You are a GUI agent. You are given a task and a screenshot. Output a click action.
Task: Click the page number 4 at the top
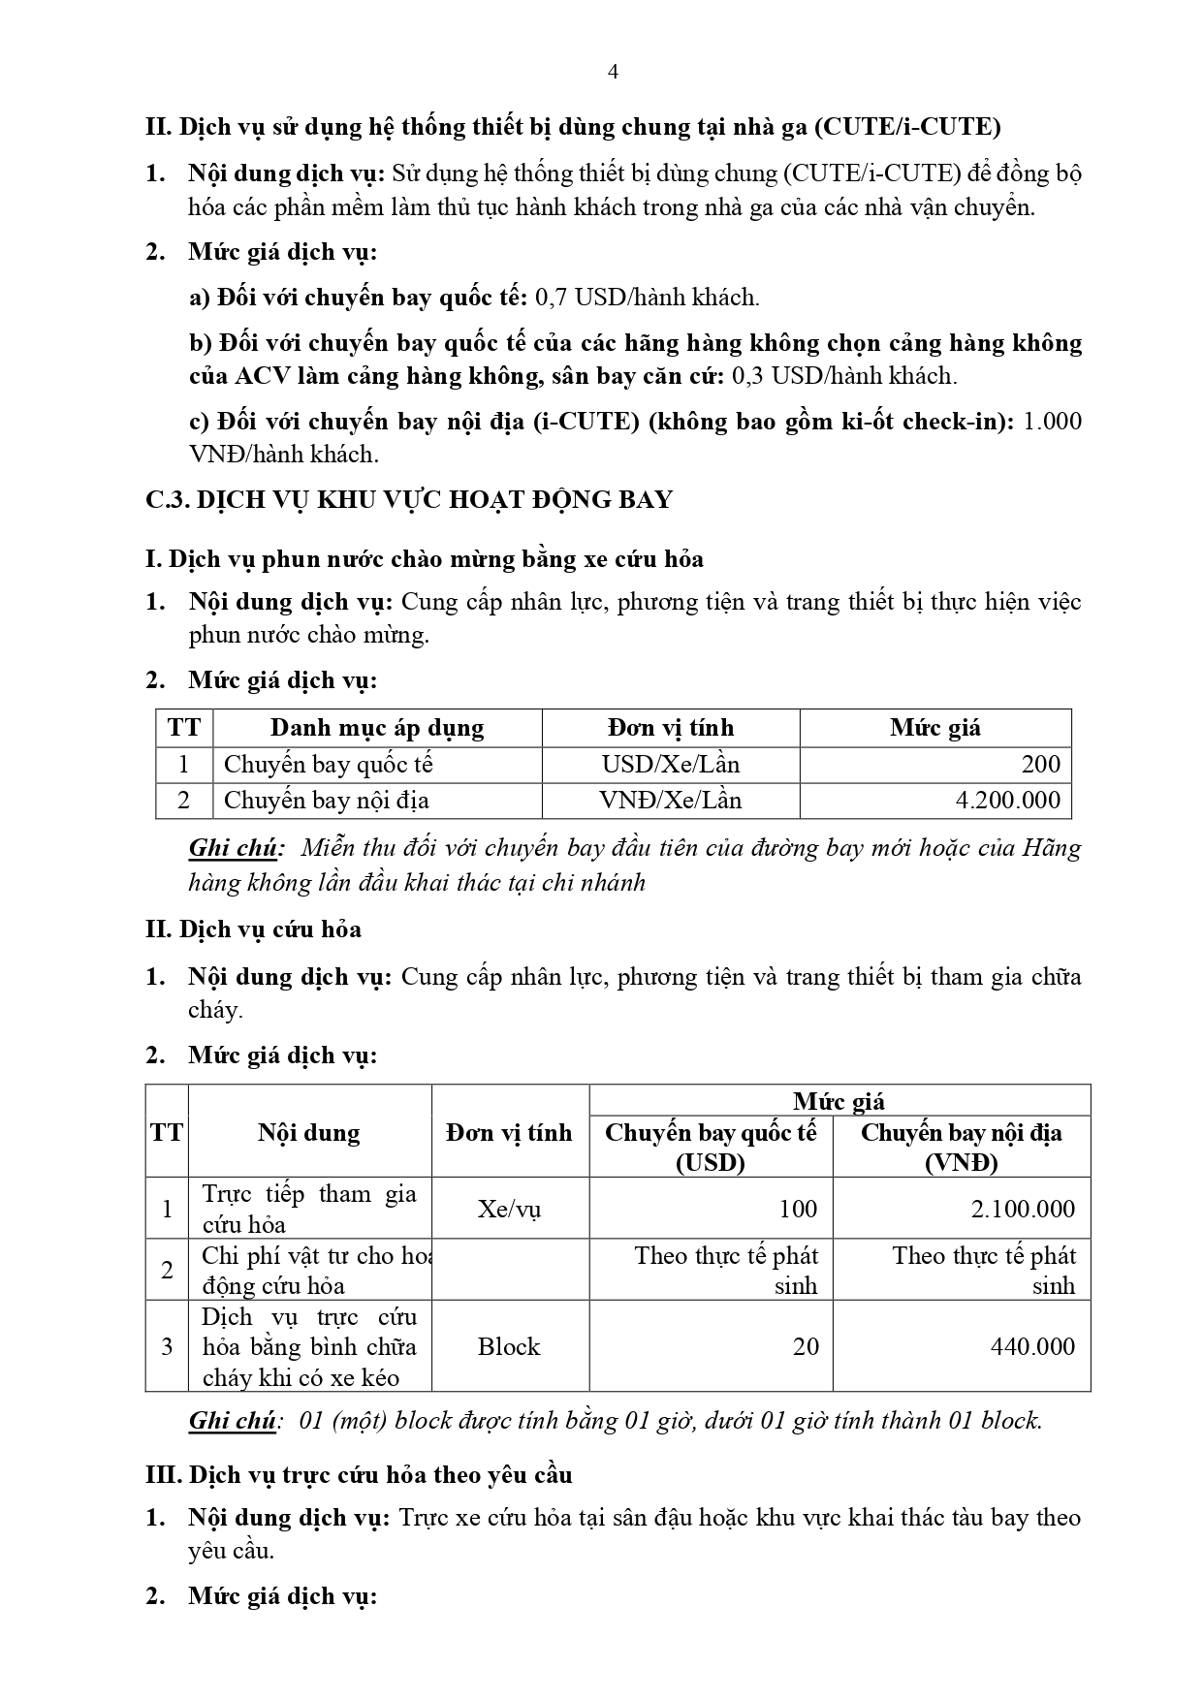[612, 72]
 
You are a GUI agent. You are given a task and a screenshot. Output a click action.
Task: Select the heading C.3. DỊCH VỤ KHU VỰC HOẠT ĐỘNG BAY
[408, 499]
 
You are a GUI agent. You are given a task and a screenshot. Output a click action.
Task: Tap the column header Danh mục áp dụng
[376, 728]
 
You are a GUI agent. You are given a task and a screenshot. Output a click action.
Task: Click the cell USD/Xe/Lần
[670, 765]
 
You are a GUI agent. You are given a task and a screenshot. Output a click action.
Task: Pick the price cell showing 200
[1040, 765]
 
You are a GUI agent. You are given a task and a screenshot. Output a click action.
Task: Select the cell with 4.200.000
[1007, 801]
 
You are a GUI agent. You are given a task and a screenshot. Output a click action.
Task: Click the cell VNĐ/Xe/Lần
[670, 801]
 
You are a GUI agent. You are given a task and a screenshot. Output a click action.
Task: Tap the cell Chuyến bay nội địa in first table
[327, 801]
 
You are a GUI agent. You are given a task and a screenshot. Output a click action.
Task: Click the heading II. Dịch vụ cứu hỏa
[253, 929]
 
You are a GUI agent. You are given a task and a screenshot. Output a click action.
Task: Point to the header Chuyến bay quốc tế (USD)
[711, 1147]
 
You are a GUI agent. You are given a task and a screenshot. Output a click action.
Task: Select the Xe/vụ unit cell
[509, 1209]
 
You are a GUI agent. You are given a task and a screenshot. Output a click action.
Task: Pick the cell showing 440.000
[1032, 1346]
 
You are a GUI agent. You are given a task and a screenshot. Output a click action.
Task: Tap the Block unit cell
[509, 1346]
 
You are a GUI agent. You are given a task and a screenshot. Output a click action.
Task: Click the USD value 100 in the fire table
[797, 1209]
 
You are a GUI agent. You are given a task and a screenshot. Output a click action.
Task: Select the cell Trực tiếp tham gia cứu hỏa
[308, 1209]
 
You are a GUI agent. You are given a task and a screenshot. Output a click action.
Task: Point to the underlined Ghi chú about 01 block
[233, 1421]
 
